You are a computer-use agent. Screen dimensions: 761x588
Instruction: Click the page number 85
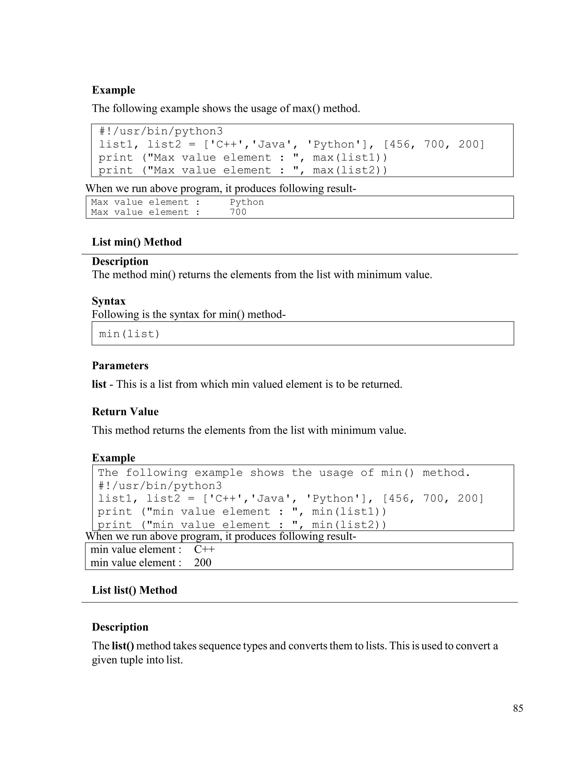pos(518,708)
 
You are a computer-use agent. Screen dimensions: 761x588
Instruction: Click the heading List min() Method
pos(137,242)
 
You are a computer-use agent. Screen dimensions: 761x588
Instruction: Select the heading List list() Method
pos(134,590)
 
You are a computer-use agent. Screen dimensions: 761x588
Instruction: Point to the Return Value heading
pos(125,412)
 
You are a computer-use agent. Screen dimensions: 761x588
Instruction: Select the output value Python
pos(247,202)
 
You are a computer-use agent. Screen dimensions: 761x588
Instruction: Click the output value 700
pos(238,212)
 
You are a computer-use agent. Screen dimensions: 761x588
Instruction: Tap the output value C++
pos(204,549)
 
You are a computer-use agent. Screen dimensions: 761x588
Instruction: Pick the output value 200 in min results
pos(202,563)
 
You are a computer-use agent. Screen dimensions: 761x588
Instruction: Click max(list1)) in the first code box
pos(350,157)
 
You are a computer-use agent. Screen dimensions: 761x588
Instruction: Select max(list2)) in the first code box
pos(350,170)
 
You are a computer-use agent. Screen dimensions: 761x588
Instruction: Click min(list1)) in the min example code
pos(349,511)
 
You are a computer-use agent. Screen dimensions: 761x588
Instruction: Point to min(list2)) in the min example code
pos(349,525)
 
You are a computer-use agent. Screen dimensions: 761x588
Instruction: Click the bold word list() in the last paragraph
pos(123,646)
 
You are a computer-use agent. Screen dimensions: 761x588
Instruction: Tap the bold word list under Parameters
pos(99,384)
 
